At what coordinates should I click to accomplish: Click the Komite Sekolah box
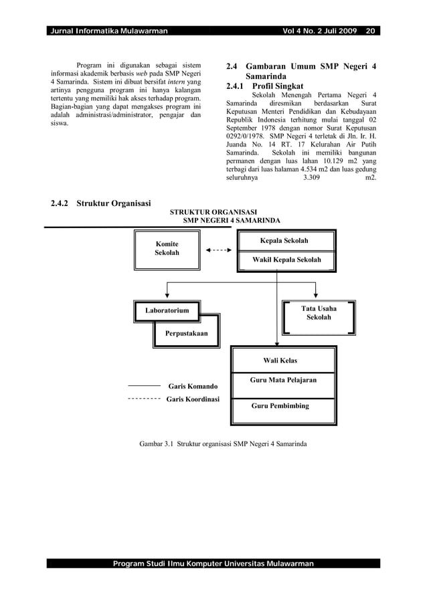(x=167, y=249)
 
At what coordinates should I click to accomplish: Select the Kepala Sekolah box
(x=284, y=241)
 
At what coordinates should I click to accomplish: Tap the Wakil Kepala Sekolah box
(x=286, y=260)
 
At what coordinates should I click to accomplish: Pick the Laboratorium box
(x=167, y=310)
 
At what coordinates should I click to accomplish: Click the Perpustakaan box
(x=186, y=333)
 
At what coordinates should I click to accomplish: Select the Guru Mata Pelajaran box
(x=282, y=380)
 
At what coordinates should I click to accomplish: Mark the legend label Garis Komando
(x=193, y=387)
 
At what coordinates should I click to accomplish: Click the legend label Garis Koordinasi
(x=193, y=399)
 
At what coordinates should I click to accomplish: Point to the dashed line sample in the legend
(x=143, y=399)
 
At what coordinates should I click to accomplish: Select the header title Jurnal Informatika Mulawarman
(x=108, y=31)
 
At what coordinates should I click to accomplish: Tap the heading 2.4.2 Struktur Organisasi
(x=101, y=203)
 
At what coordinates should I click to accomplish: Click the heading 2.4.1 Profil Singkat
(x=265, y=86)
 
